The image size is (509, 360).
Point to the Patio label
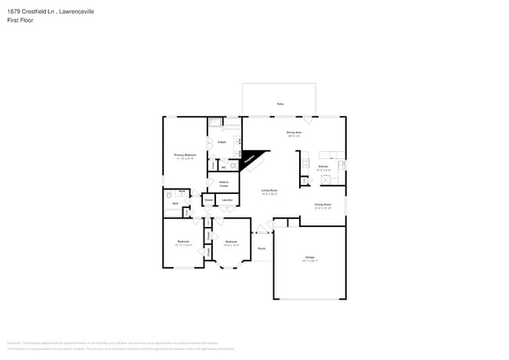click(x=280, y=103)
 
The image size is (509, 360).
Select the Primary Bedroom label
click(x=185, y=157)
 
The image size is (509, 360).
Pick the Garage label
click(x=309, y=257)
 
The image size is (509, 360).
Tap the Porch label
click(x=261, y=249)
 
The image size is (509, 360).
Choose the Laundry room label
click(x=227, y=200)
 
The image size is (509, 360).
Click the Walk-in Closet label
click(x=223, y=184)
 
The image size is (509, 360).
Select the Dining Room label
click(x=323, y=207)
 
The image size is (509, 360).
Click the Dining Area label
click(x=294, y=134)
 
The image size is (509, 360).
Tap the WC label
click(x=223, y=167)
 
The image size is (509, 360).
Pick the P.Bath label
click(x=222, y=142)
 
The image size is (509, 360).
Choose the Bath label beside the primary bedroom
click(x=175, y=202)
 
